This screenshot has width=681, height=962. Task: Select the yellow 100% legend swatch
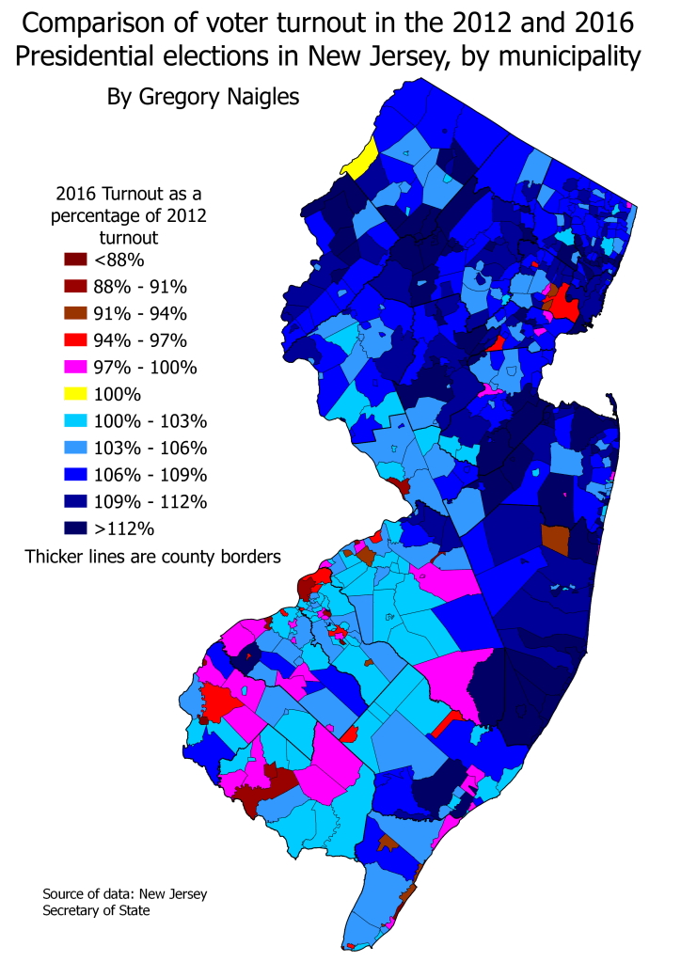click(x=76, y=393)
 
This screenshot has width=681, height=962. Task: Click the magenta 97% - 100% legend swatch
click(x=76, y=367)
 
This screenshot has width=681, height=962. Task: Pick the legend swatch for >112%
click(x=76, y=527)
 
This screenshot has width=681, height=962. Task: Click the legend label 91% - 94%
click(x=147, y=313)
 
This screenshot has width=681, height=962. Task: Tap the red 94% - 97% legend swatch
click(x=76, y=340)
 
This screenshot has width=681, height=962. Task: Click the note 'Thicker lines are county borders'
click(x=153, y=557)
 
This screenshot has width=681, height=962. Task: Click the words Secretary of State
click(x=96, y=910)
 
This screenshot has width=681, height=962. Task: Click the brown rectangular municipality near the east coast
click(x=555, y=539)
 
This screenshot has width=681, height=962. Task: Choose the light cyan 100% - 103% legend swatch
click(x=76, y=420)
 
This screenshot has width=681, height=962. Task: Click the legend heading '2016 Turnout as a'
click(x=129, y=195)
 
